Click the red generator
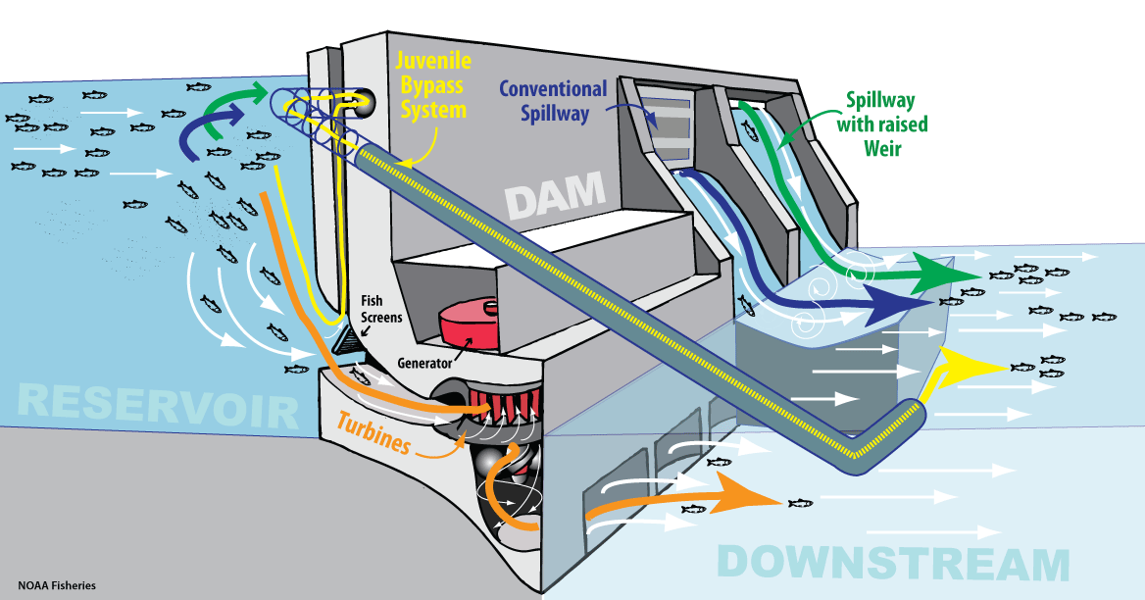469,323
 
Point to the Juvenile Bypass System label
431,84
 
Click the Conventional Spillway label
552,100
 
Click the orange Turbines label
373,432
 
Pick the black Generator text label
424,362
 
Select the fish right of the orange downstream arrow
801,503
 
